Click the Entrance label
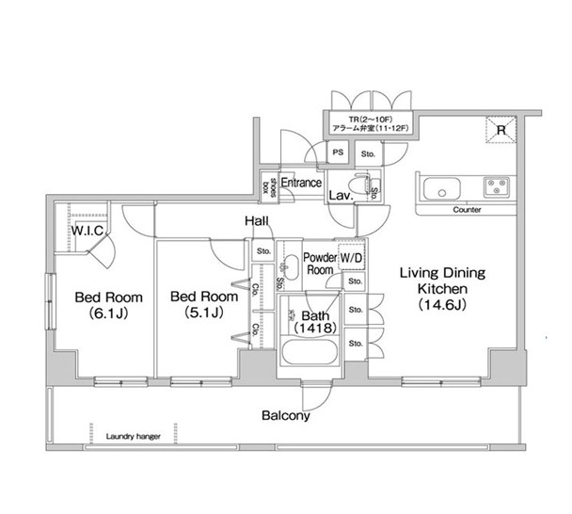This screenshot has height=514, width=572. coord(302,183)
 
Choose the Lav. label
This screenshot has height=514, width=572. coord(340,197)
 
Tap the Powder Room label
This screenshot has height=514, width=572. coord(321,263)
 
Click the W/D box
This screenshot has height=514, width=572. coord(352,257)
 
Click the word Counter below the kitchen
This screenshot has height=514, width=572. coord(467,210)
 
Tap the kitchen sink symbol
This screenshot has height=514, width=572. coord(439,188)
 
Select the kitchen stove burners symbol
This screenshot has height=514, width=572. coord(496,185)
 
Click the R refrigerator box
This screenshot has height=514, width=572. coord(500,131)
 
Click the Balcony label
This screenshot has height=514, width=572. coord(286,415)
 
